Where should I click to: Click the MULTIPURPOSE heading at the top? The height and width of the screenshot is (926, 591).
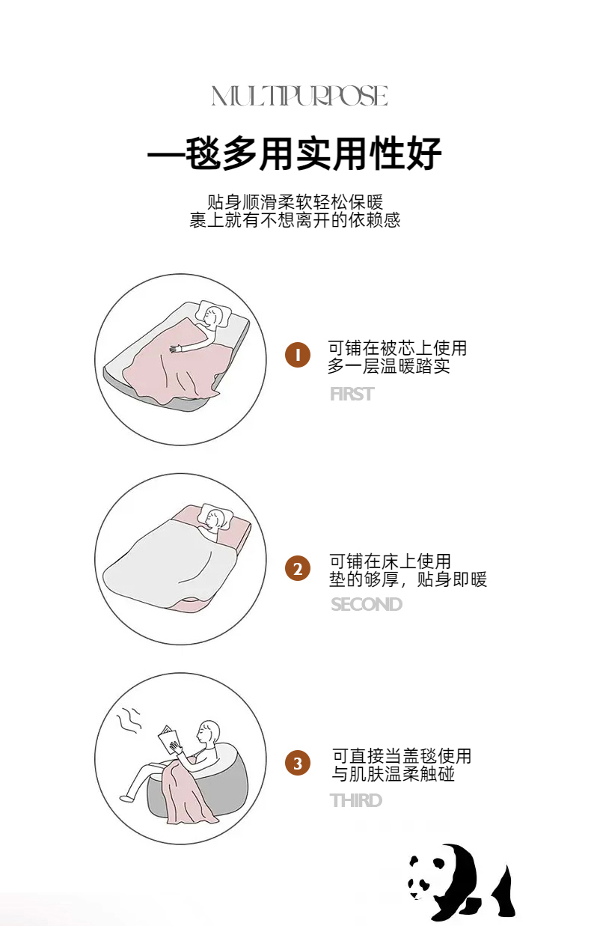(x=300, y=96)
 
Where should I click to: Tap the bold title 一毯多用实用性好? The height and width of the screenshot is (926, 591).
(x=295, y=153)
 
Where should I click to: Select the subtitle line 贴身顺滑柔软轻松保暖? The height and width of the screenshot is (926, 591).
(x=295, y=202)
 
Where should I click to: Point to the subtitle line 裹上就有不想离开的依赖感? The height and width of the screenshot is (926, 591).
(x=295, y=220)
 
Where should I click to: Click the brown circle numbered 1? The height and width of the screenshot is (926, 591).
(x=297, y=355)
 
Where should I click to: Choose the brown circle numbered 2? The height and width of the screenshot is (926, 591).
(x=297, y=568)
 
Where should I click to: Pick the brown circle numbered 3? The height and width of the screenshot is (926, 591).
(x=297, y=763)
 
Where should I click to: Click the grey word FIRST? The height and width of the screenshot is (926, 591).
(x=352, y=394)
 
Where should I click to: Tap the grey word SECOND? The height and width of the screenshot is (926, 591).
(x=367, y=604)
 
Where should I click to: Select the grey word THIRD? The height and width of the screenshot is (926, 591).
(x=356, y=800)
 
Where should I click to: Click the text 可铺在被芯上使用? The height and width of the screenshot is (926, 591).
(x=397, y=348)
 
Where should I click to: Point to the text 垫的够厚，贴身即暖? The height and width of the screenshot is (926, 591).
(x=408, y=579)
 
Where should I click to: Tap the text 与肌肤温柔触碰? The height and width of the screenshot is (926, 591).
(x=394, y=773)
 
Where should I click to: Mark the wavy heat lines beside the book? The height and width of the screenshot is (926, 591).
(x=129, y=721)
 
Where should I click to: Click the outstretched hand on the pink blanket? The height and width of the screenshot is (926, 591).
(x=176, y=348)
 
